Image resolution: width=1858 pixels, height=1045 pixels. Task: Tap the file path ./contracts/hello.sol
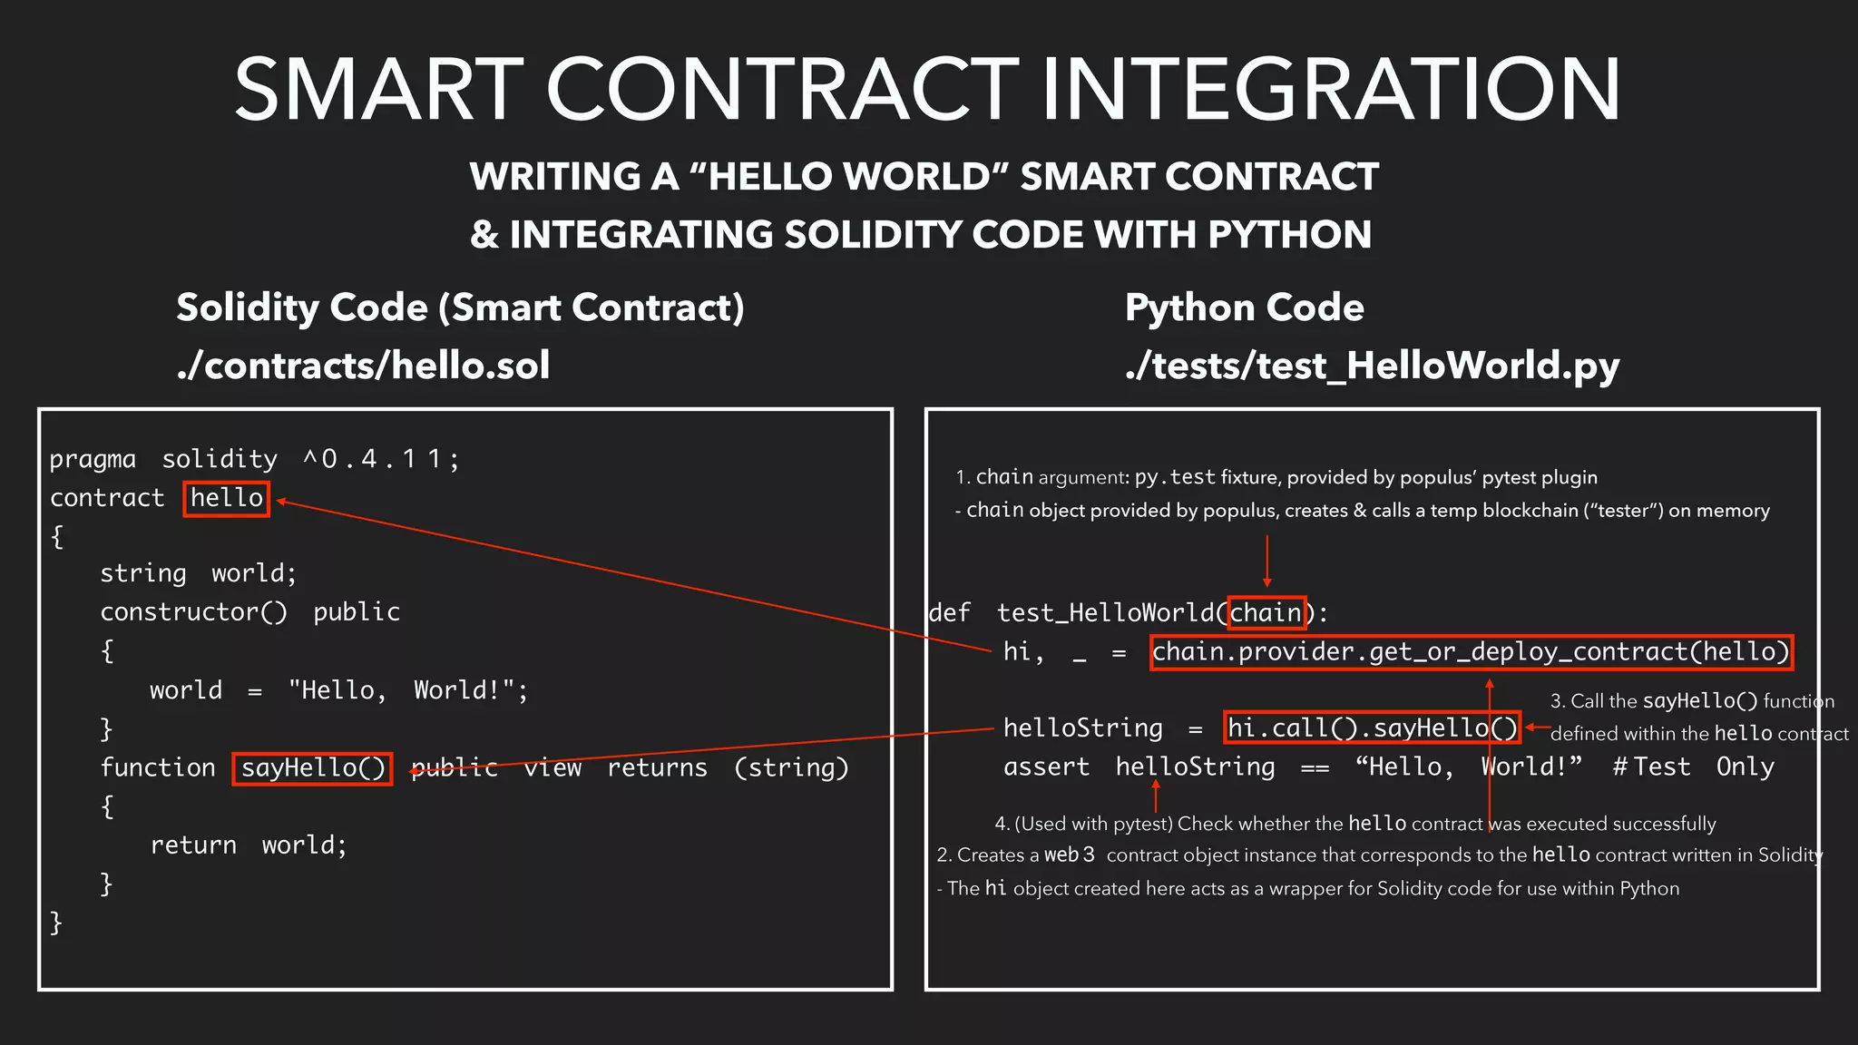tap(363, 366)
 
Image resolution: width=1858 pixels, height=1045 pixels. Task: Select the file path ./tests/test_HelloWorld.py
tap(1372, 366)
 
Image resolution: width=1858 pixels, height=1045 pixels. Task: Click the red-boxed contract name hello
tap(226, 498)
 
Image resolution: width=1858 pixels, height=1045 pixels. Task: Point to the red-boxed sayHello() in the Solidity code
tap(312, 768)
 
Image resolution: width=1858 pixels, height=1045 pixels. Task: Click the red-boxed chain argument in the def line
tap(1266, 613)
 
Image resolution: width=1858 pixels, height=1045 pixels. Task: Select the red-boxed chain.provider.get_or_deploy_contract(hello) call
tap(1471, 652)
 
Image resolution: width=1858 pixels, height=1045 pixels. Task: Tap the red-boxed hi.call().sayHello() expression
tap(1371, 728)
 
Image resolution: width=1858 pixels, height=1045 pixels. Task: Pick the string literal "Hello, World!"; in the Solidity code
tap(407, 690)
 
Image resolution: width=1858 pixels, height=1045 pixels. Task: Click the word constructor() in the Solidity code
tap(193, 612)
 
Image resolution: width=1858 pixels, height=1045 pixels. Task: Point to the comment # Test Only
tap(1693, 767)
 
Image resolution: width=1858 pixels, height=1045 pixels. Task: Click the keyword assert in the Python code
tap(1046, 767)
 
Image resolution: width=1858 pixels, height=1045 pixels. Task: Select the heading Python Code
tap(1244, 308)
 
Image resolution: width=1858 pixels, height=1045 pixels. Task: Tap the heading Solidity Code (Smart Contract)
tap(460, 308)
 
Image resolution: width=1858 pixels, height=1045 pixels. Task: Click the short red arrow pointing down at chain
tap(1266, 561)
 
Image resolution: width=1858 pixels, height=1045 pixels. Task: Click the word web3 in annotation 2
tap(1069, 855)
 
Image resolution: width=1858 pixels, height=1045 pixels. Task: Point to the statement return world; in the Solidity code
tap(248, 845)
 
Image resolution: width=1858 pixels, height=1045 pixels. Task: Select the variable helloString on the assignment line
tap(1082, 728)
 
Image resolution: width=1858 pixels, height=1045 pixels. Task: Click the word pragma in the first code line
tap(93, 459)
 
